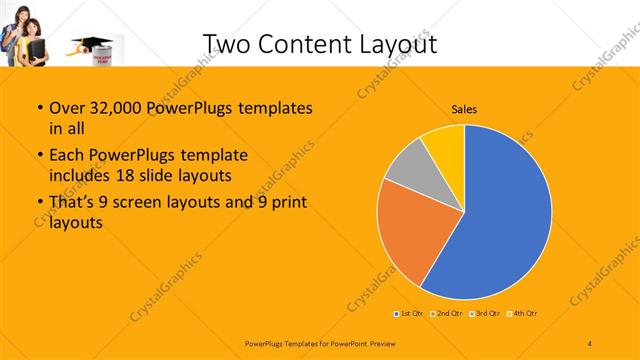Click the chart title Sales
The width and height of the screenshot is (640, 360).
point(464,108)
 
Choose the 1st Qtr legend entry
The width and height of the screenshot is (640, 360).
point(410,313)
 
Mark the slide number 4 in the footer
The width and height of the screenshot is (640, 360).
point(590,343)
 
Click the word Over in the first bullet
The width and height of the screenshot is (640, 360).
point(65,108)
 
